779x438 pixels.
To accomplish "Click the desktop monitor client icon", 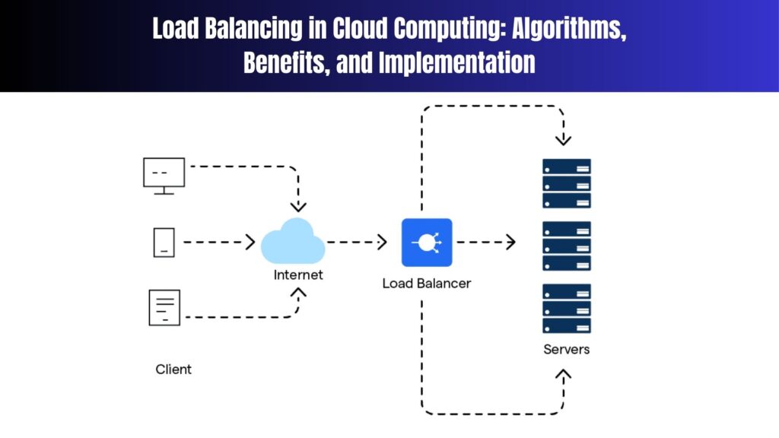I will point(164,175).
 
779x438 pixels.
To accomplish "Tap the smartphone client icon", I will point(164,243).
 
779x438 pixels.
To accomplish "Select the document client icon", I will point(164,307).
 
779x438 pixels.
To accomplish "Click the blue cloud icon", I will point(293,241).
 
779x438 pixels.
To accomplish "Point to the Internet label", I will point(298,275).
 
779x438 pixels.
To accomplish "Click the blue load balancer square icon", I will point(427,243).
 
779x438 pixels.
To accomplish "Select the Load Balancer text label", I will point(427,284).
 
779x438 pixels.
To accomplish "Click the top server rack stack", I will point(566,183).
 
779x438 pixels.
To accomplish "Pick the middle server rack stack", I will point(566,246).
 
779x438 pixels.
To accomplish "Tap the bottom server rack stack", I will point(566,308).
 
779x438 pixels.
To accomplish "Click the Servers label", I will point(566,350).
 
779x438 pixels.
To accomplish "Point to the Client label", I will point(173,370).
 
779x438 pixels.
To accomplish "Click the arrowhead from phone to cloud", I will point(250,243).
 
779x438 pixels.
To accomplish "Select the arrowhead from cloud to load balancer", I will point(382,243).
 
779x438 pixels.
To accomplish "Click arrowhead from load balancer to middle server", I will point(510,243).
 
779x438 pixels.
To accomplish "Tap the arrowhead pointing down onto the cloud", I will point(298,206).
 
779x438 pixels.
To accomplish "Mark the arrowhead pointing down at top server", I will point(563,139).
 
